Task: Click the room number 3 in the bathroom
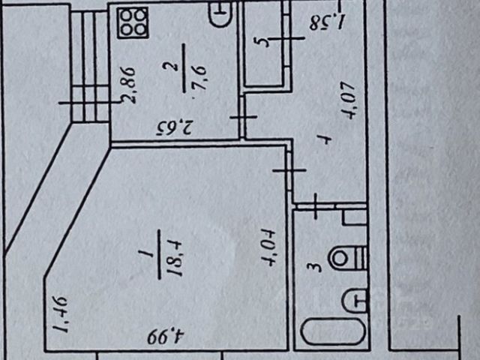coord(317,265)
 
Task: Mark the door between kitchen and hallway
coord(242,118)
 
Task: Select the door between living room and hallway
coord(289,171)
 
